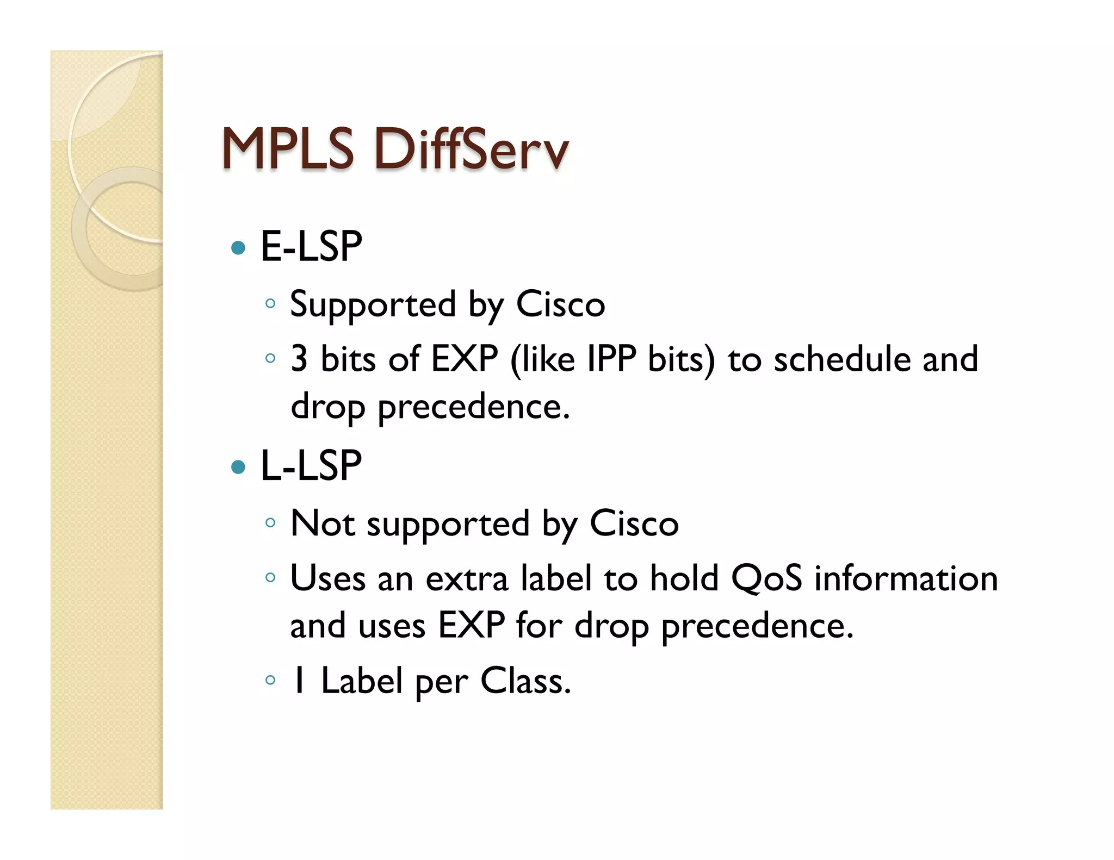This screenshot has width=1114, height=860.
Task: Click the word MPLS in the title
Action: (288, 149)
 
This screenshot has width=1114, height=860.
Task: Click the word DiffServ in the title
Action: (471, 149)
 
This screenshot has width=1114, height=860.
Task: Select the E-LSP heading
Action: (311, 247)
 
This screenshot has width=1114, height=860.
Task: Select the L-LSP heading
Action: (311, 466)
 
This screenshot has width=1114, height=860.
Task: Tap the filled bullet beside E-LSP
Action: (238, 248)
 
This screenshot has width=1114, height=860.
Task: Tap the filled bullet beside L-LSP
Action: (238, 467)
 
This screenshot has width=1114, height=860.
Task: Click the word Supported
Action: (373, 304)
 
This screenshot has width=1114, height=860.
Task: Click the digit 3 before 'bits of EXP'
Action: (299, 359)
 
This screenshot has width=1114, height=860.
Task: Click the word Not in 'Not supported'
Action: (323, 524)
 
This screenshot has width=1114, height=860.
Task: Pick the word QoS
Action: (766, 578)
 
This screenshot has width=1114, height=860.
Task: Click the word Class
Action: (525, 681)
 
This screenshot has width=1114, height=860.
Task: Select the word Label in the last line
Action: (362, 681)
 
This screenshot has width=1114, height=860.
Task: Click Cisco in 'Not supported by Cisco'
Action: (634, 524)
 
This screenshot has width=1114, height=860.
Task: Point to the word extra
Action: (467, 578)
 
